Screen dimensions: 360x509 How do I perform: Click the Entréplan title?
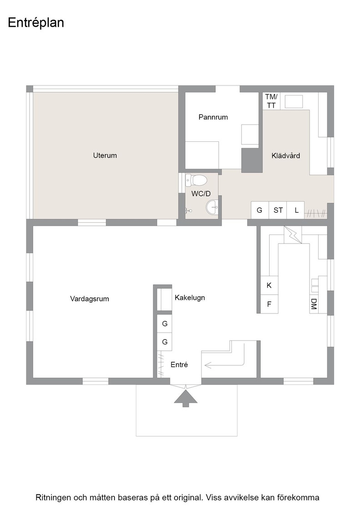[36, 23]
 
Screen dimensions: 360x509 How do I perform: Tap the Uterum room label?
[105, 155]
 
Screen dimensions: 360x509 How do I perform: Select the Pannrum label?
[213, 117]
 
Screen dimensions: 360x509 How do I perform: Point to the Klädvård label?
[285, 155]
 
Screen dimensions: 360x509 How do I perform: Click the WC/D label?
[201, 194]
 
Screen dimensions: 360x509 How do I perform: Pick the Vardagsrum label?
[90, 299]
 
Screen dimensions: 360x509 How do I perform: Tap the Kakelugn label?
[190, 298]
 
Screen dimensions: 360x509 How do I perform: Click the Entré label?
[179, 364]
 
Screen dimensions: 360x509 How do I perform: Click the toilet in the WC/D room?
[196, 180]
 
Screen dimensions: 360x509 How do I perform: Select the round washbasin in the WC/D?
[212, 207]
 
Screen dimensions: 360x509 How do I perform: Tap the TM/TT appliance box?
[271, 101]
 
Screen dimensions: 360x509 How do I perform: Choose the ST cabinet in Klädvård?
[278, 210]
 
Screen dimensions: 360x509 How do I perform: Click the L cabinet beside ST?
[296, 210]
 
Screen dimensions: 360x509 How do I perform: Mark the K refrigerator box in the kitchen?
[270, 285]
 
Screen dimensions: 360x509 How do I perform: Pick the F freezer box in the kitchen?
[270, 304]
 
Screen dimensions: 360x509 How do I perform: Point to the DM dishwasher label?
[314, 304]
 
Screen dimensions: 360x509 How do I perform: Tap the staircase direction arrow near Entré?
[224, 365]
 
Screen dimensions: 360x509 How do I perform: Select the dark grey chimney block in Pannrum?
[252, 160]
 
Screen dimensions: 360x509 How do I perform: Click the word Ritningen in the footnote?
[53, 498]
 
